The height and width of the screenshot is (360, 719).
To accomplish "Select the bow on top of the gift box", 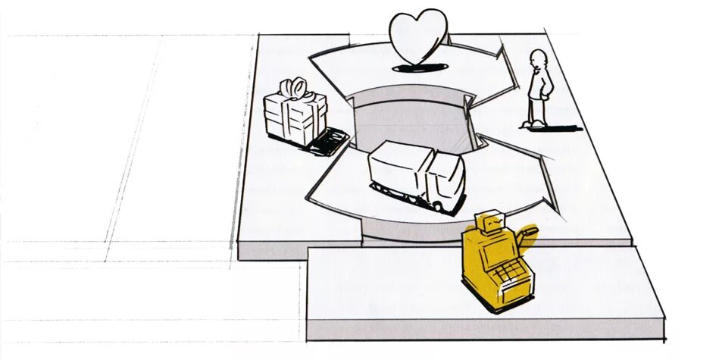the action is (295, 89).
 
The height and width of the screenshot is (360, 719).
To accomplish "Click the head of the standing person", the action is (538, 60).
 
